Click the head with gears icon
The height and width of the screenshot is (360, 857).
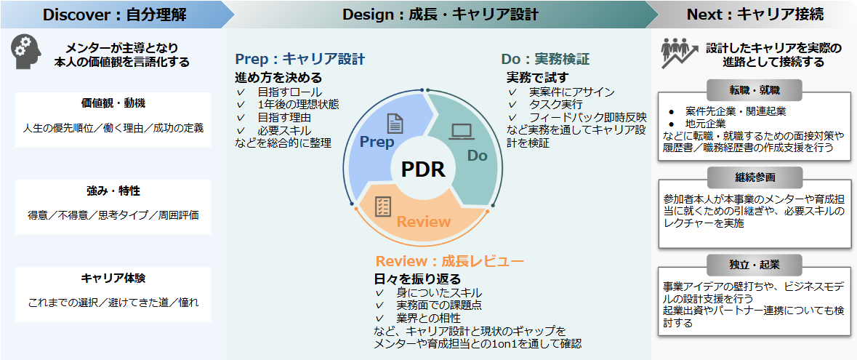[25, 52]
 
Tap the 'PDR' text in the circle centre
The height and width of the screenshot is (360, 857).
[423, 169]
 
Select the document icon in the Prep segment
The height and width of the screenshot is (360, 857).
[395, 123]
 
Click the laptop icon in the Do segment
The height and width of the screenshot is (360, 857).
[462, 132]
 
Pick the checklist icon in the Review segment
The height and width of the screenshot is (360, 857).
[383, 206]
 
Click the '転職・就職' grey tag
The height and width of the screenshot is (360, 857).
[755, 89]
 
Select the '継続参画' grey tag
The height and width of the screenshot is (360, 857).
[755, 177]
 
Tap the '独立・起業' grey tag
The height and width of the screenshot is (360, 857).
[755, 263]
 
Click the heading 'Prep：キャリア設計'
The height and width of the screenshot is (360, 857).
[299, 60]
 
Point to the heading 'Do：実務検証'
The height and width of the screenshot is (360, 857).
[545, 60]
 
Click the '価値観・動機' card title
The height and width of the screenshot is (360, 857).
[113, 103]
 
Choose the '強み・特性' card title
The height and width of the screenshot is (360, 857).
[113, 191]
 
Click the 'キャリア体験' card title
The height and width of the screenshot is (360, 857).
[113, 278]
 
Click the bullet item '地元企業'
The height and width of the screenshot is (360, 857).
[706, 124]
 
